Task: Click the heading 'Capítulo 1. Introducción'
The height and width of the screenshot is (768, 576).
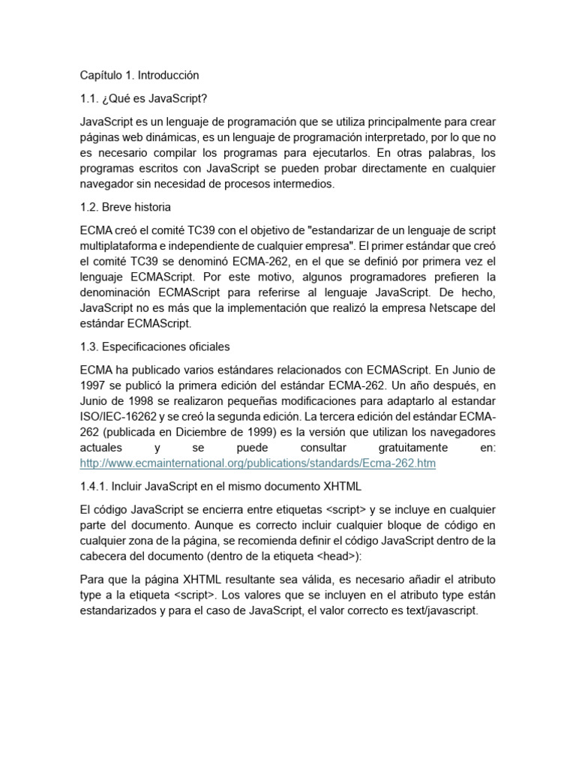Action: point(139,75)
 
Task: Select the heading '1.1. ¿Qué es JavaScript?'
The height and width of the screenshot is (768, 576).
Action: point(139,98)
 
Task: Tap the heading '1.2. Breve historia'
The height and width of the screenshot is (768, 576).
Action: point(124,207)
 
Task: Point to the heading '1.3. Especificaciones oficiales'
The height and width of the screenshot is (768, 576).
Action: point(154,346)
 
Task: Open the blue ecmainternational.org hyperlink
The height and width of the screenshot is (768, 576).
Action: point(256,463)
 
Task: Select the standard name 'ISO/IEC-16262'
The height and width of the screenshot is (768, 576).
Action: point(116,417)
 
